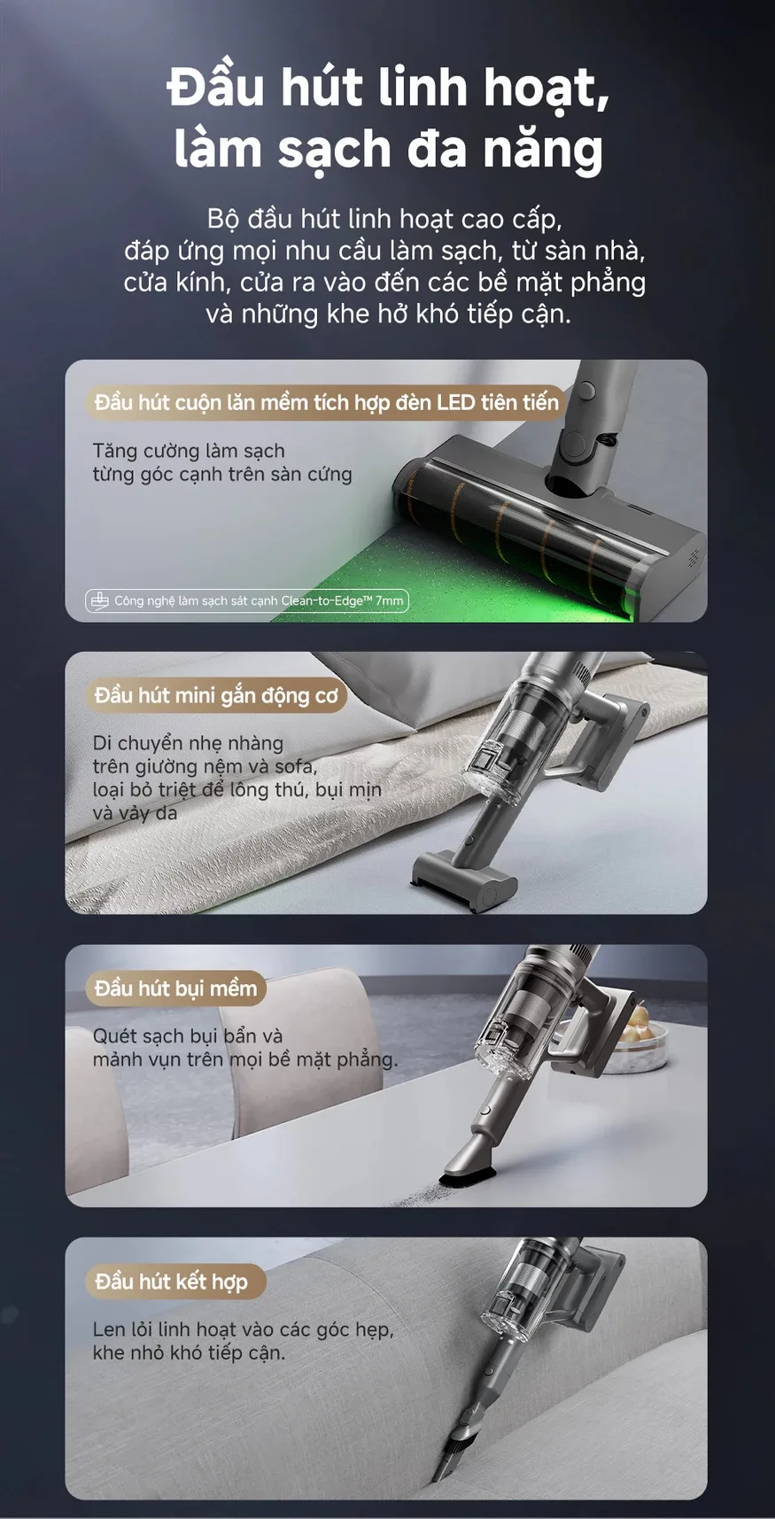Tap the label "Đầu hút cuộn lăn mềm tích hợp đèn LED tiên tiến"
tap(326, 402)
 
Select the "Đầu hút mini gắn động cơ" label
tap(216, 695)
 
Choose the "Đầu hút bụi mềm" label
tap(175, 988)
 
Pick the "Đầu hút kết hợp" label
tap(171, 1282)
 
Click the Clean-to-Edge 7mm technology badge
tap(247, 601)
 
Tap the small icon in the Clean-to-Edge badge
tap(99, 601)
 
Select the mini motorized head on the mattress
tap(464, 879)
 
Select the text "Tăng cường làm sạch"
tap(189, 451)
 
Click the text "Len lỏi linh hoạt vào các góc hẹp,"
tap(243, 1329)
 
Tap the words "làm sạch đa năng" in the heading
tap(388, 149)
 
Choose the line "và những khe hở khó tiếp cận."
tap(388, 314)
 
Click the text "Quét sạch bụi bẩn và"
tap(188, 1035)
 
